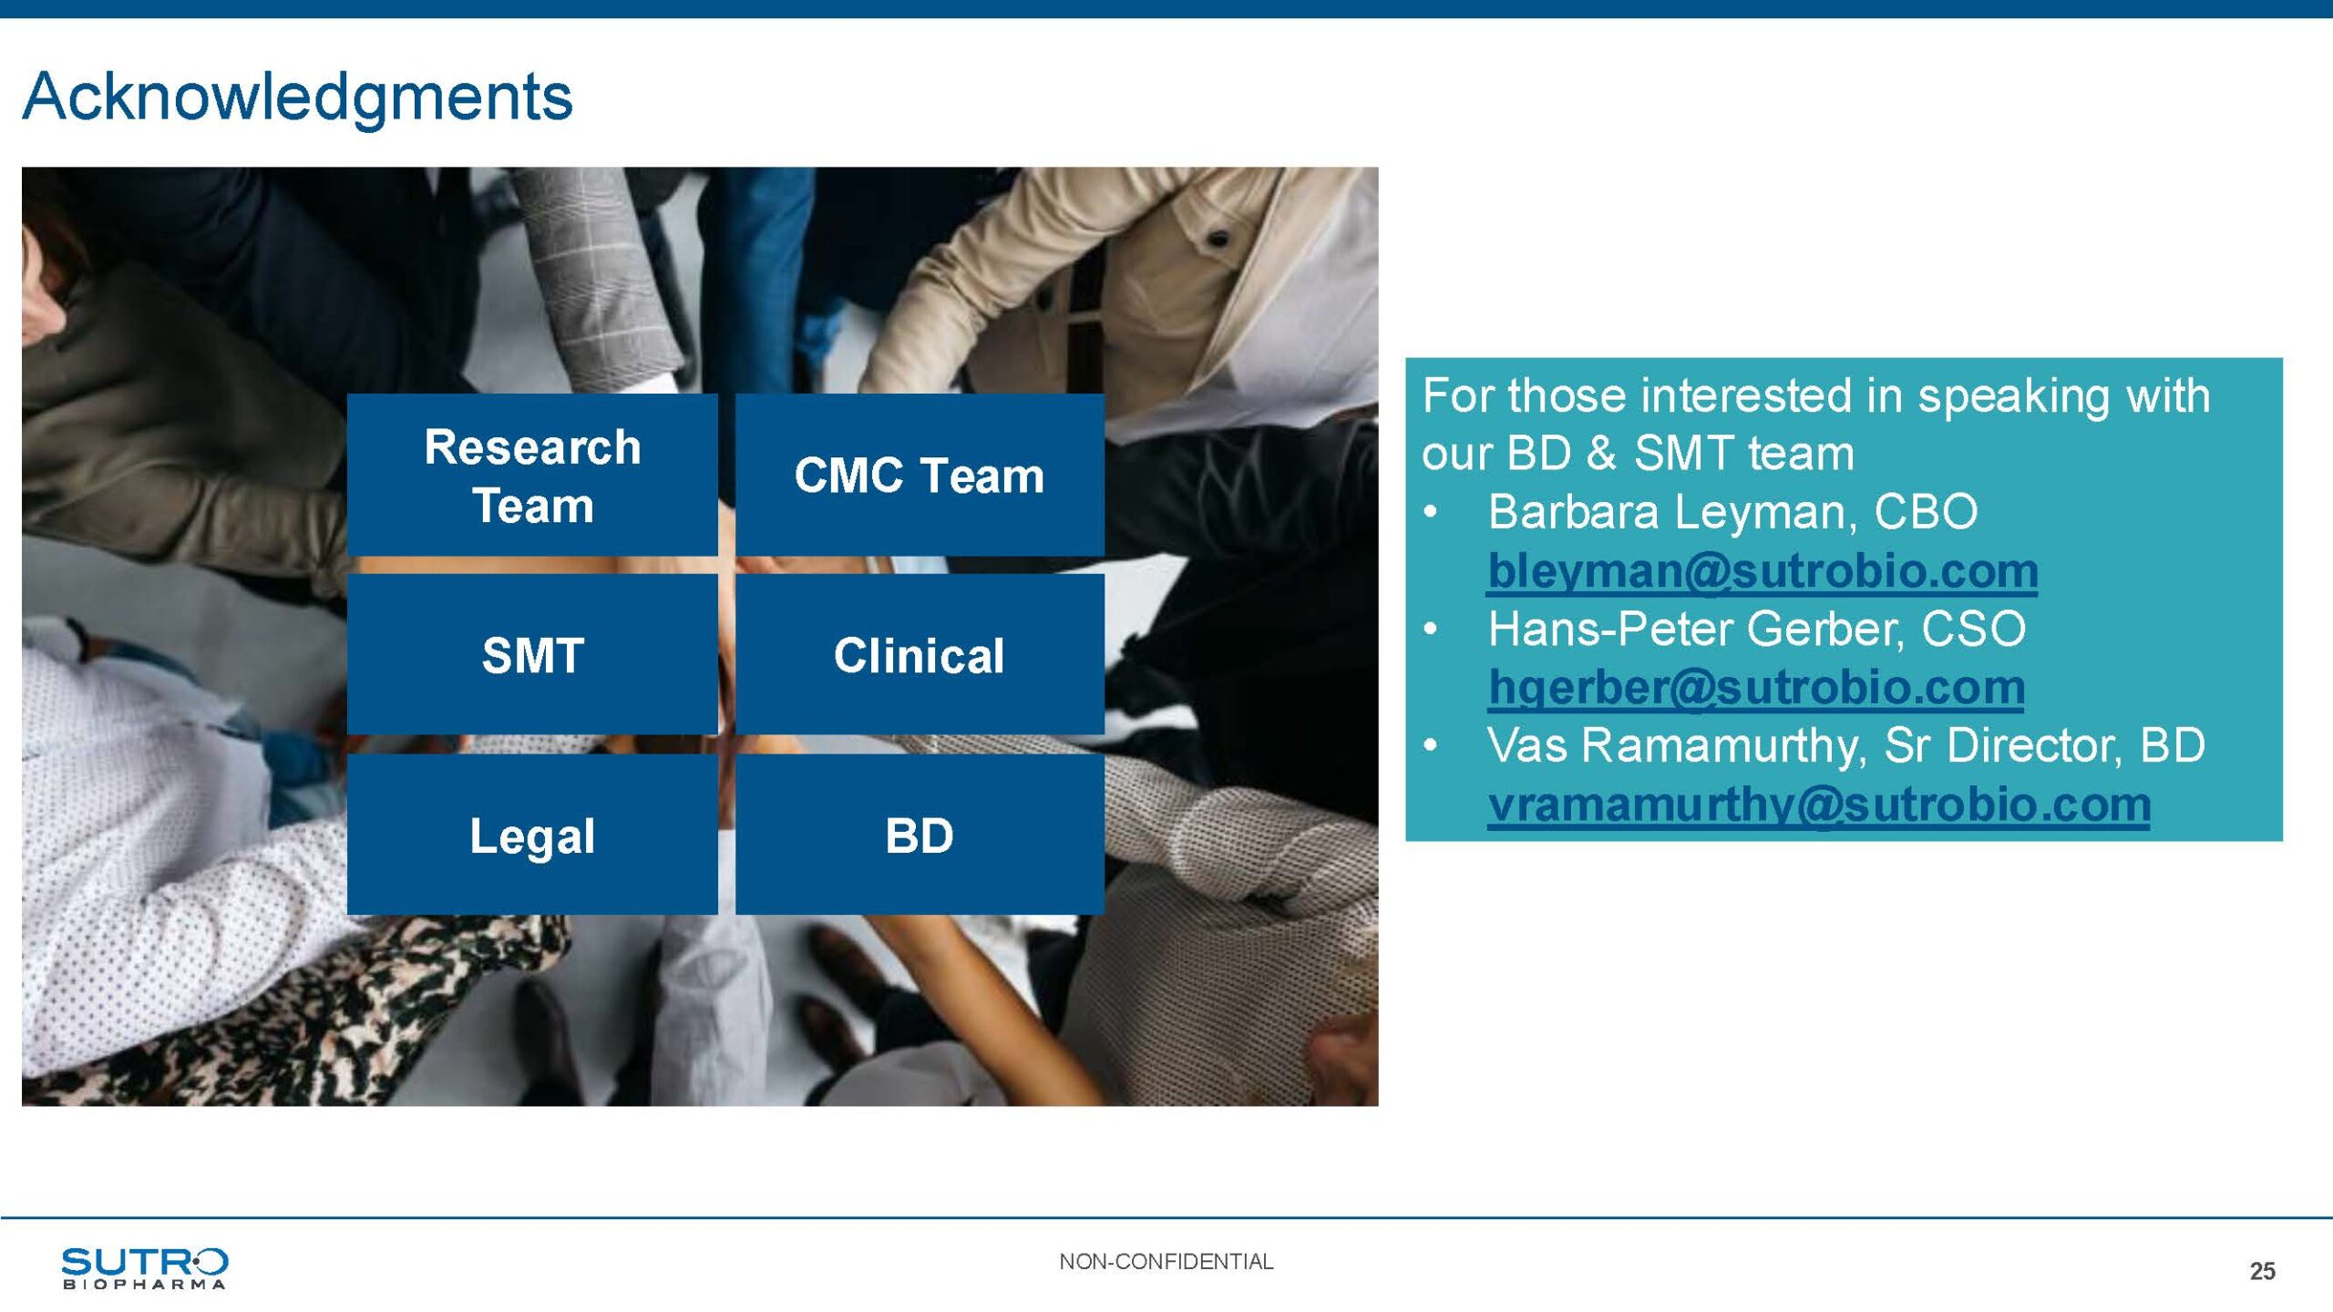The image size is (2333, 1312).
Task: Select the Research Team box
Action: pyautogui.click(x=532, y=475)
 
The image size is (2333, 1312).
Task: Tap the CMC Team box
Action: pyautogui.click(x=920, y=475)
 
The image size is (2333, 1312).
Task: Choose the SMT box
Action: pyautogui.click(x=532, y=654)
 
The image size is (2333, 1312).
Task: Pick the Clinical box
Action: pyautogui.click(x=920, y=654)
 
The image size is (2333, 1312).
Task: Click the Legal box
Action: pyautogui.click(x=532, y=835)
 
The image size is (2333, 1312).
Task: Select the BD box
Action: pyautogui.click(x=920, y=835)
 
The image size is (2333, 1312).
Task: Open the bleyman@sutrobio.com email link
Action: pyautogui.click(x=1763, y=571)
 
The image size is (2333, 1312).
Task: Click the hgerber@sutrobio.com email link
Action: pyautogui.click(x=1756, y=688)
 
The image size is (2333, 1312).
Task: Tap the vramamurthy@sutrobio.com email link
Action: pyautogui.click(x=1819, y=805)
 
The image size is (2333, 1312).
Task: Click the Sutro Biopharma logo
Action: pyautogui.click(x=144, y=1268)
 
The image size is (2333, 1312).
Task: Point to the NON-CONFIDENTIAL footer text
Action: pyautogui.click(x=1166, y=1262)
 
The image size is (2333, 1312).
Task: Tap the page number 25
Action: pyautogui.click(x=2262, y=1271)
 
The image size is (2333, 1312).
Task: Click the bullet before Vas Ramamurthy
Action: pyautogui.click(x=1431, y=746)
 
